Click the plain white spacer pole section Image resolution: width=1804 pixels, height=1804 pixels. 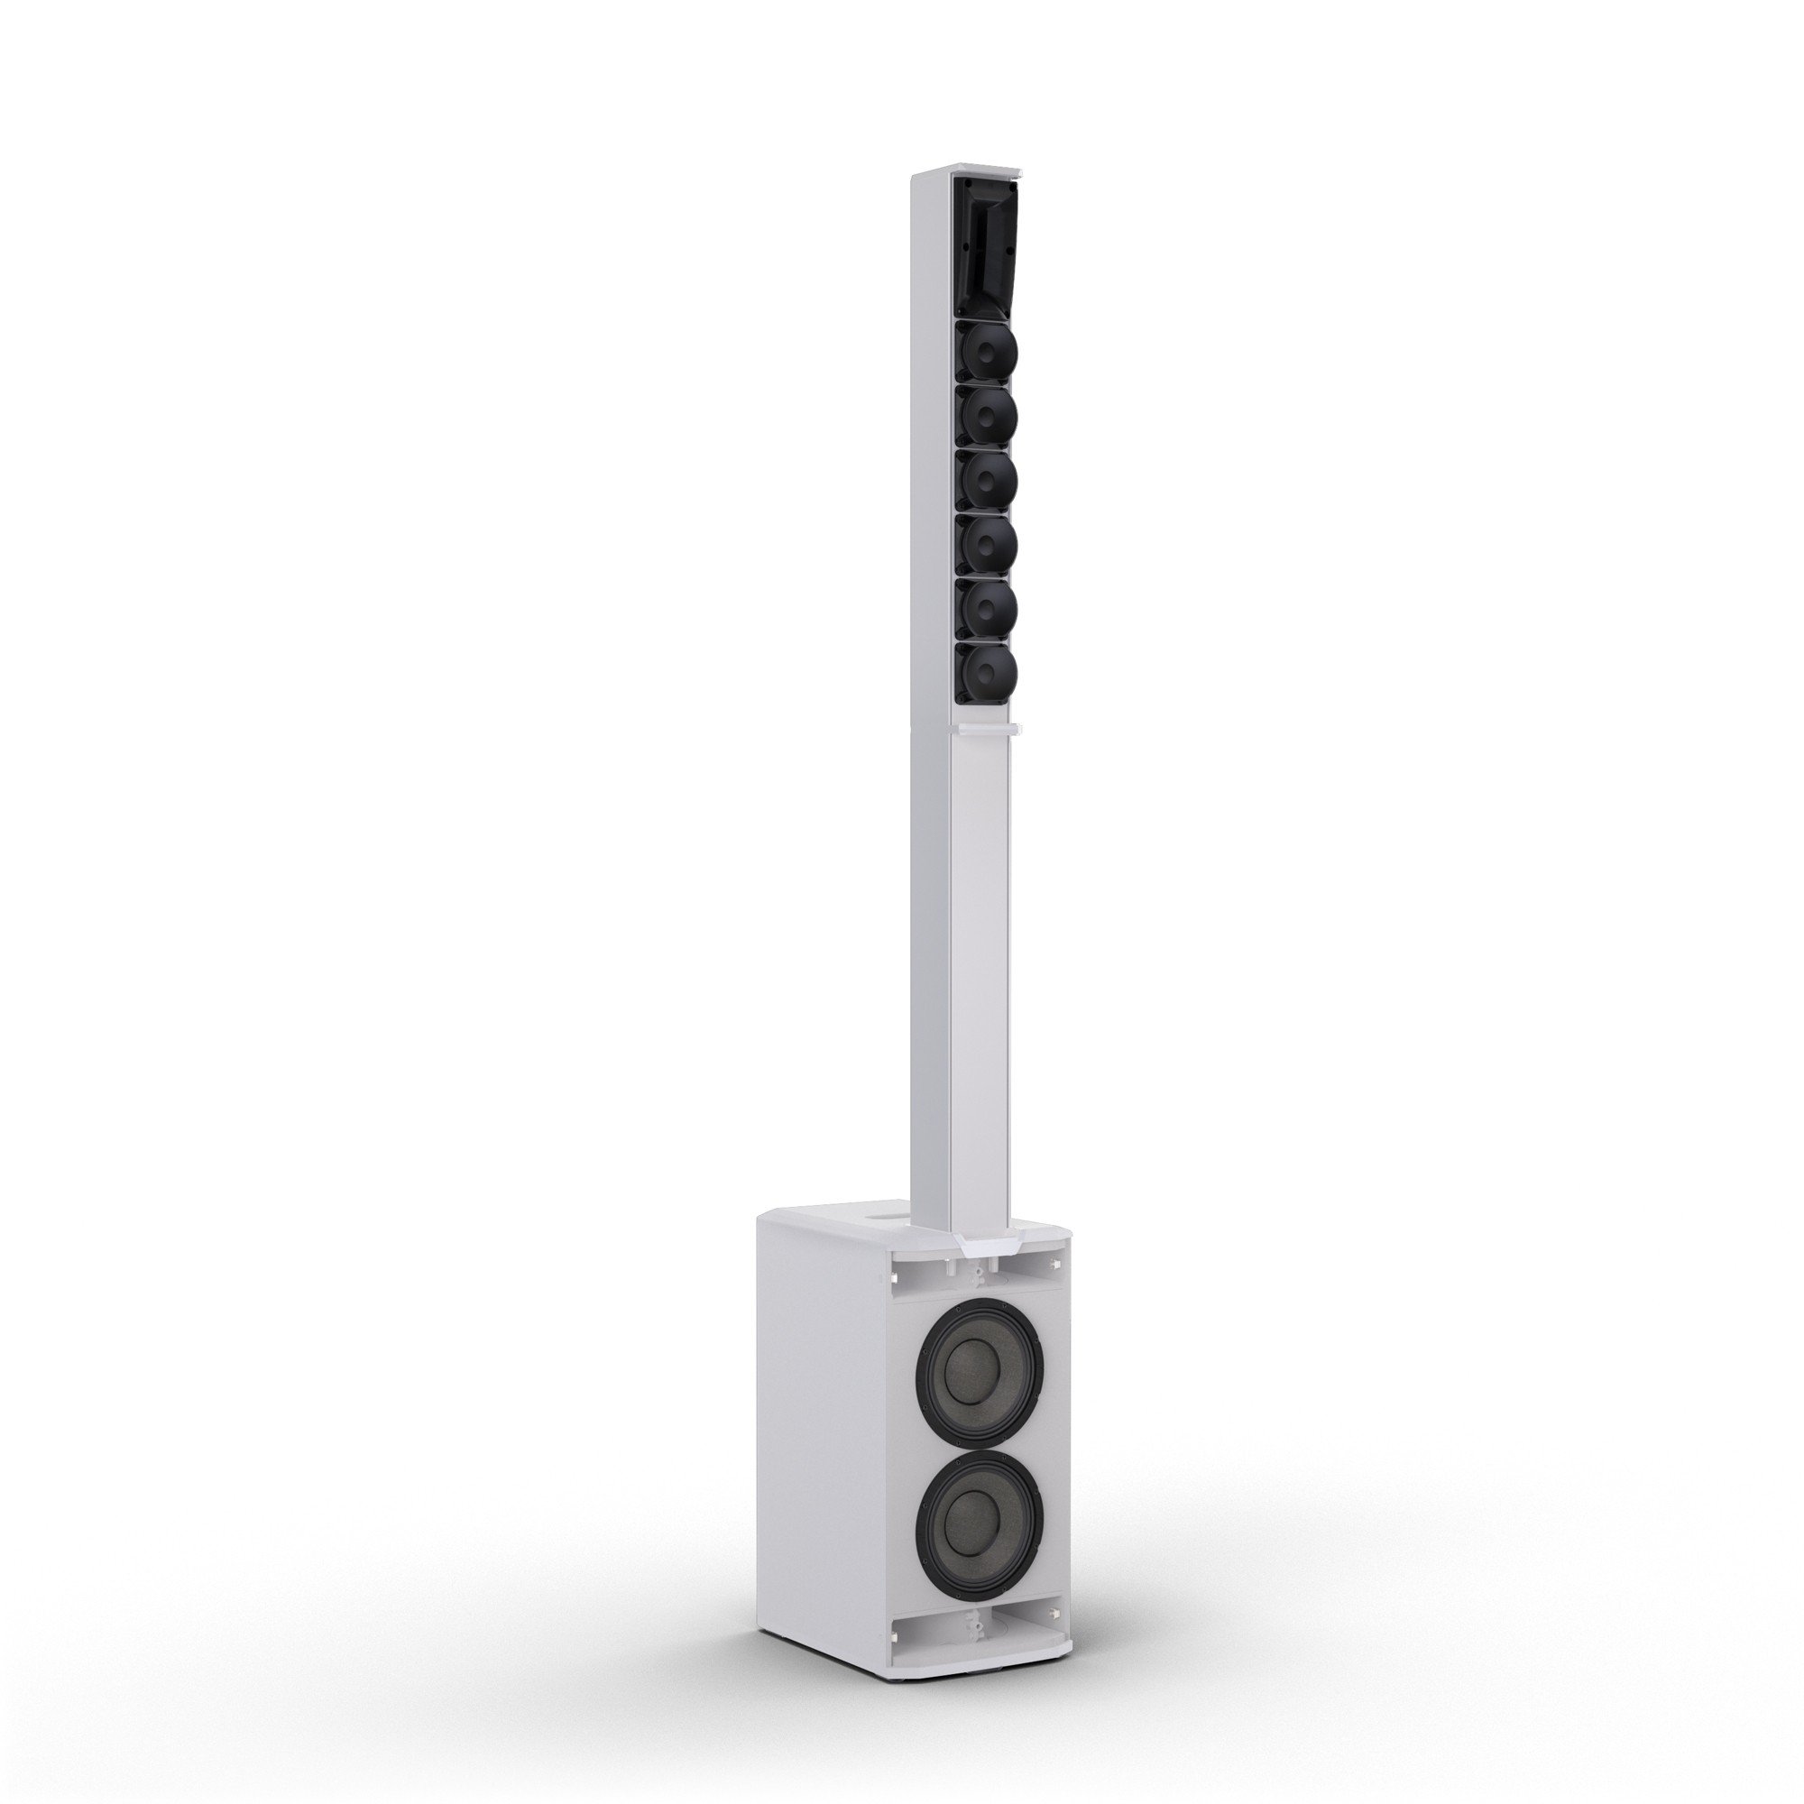click(x=980, y=980)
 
